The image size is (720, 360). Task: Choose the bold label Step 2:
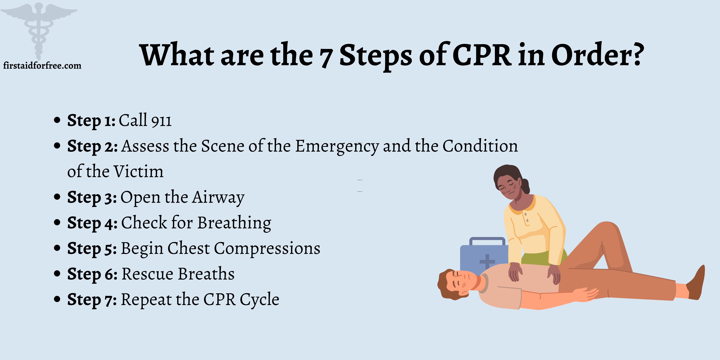point(92,146)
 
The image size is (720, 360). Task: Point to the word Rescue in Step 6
point(148,274)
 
